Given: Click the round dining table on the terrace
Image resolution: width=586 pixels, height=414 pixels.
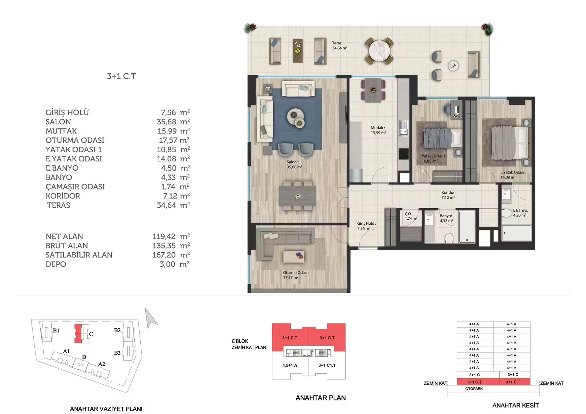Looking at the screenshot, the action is [379, 51].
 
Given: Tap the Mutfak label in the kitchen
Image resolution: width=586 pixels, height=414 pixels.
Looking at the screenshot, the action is [378, 128].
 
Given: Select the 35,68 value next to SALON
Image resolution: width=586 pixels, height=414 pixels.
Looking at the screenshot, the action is [166, 122].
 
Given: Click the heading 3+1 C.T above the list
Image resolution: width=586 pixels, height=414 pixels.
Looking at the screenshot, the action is [121, 76].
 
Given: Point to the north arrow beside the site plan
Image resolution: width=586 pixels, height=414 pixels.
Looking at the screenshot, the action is [151, 317].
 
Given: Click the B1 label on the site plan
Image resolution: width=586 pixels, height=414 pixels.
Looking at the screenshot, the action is [56, 331].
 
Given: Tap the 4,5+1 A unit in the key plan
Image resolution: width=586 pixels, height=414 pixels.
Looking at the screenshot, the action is [290, 365].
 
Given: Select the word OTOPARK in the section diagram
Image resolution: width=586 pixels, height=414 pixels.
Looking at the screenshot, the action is [474, 389].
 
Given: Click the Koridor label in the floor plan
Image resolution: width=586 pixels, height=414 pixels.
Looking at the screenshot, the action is [449, 193].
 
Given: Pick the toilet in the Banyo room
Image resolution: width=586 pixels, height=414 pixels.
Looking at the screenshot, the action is [449, 238].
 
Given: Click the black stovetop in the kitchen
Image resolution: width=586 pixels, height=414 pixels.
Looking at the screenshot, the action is [403, 153].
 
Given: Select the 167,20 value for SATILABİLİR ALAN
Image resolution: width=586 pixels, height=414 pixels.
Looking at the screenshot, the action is [164, 255].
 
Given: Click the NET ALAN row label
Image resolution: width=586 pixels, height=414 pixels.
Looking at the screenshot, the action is [64, 236].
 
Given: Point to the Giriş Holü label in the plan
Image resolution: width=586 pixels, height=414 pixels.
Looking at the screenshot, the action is [367, 224].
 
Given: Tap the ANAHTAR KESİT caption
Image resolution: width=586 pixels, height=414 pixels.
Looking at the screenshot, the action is [515, 405].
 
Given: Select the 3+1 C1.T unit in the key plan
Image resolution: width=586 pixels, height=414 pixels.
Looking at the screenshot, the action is [327, 365].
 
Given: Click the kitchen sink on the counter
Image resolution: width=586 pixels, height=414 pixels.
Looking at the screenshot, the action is [403, 128].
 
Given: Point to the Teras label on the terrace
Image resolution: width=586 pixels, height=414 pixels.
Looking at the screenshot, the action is [337, 43].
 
